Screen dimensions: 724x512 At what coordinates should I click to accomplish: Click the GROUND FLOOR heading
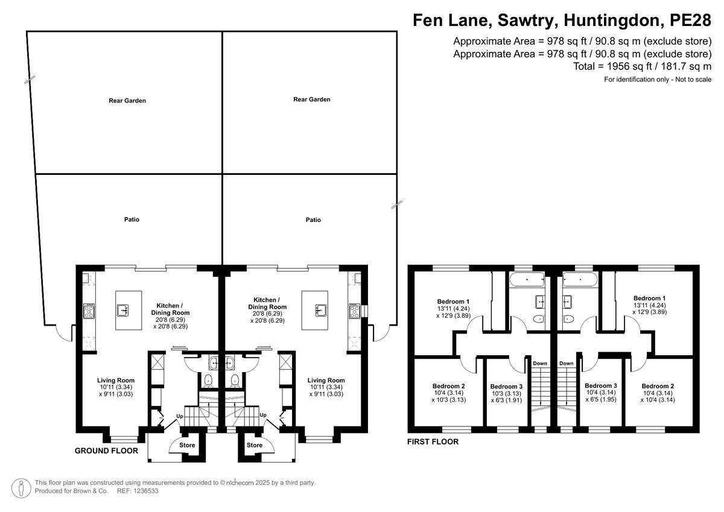[x=106, y=450]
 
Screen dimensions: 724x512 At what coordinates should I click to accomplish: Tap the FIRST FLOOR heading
[x=433, y=441]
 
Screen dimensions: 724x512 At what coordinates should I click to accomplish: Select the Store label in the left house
[x=187, y=445]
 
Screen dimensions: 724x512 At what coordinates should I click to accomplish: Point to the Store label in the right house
[x=255, y=445]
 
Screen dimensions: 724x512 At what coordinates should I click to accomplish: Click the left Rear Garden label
[x=127, y=101]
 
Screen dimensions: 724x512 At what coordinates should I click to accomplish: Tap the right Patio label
[x=313, y=220]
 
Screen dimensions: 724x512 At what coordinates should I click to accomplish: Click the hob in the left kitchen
[x=89, y=311]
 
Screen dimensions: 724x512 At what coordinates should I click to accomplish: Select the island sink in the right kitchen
[x=321, y=310]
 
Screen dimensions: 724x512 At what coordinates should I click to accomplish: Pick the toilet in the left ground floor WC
[x=209, y=380]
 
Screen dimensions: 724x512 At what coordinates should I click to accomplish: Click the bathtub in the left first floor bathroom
[x=527, y=279]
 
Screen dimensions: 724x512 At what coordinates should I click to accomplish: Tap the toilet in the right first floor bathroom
[x=568, y=319]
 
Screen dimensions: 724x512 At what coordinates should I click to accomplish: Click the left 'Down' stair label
[x=540, y=363]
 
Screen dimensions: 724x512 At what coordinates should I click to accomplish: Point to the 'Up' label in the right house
[x=263, y=415]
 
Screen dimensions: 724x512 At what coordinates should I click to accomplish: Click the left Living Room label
[x=116, y=380]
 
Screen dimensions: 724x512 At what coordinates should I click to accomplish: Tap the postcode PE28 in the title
[x=690, y=20]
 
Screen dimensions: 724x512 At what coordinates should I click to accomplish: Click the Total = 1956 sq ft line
[x=642, y=66]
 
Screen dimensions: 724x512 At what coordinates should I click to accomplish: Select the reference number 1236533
[x=147, y=491]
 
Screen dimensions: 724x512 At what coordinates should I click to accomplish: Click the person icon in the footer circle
[x=21, y=488]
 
